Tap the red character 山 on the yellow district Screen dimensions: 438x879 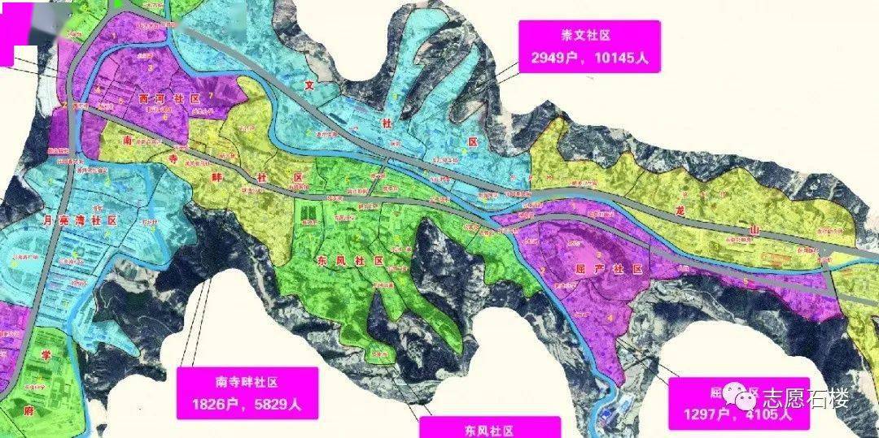(x=754, y=232)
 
